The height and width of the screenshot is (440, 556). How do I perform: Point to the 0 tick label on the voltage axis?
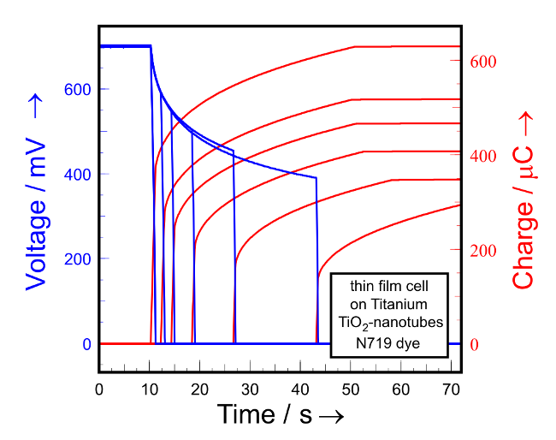click(x=86, y=344)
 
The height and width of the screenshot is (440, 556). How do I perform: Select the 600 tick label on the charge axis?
click(x=485, y=62)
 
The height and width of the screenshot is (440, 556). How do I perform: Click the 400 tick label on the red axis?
click(x=485, y=157)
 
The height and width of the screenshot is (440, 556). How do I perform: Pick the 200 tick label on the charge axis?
click(x=485, y=251)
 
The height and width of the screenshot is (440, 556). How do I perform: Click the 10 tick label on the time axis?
click(x=150, y=389)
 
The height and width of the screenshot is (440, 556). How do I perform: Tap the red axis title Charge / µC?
click(x=523, y=201)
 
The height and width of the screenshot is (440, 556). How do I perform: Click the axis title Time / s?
click(x=280, y=414)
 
